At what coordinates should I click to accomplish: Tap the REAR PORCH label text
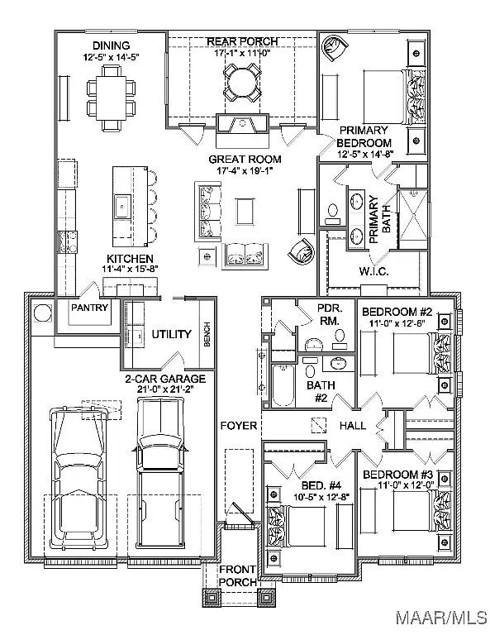click(x=241, y=41)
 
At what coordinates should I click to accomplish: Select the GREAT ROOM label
click(x=244, y=159)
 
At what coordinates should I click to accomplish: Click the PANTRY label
click(x=89, y=308)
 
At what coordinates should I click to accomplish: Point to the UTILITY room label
click(x=171, y=334)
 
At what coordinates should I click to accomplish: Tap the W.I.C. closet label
click(x=374, y=271)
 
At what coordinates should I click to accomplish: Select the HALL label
click(x=352, y=426)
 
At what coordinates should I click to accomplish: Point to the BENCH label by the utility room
click(x=207, y=334)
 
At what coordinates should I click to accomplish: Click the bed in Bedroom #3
click(x=417, y=514)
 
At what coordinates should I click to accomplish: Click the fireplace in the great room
click(x=242, y=124)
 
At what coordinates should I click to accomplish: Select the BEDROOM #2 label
click(x=397, y=312)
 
